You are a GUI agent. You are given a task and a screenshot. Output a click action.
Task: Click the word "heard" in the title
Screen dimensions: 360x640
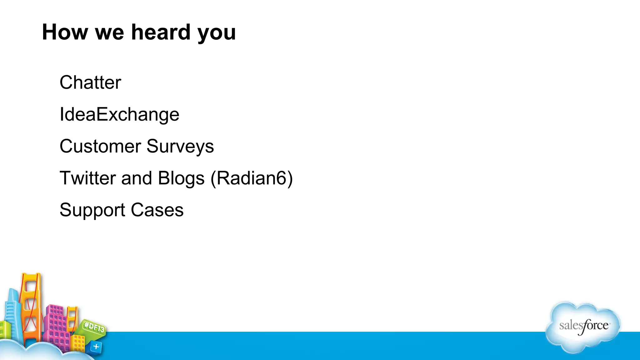tap(161, 32)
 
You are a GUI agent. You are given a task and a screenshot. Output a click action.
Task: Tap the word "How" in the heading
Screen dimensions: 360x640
tap(65, 32)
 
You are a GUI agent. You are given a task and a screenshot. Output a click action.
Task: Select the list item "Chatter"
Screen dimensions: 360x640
tap(90, 82)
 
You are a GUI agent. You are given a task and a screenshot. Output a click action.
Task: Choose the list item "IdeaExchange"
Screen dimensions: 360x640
tap(119, 114)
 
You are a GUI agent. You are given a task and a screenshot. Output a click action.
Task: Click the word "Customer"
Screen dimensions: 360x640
tap(100, 146)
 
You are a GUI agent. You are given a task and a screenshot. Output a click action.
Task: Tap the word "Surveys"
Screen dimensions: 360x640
tap(180, 147)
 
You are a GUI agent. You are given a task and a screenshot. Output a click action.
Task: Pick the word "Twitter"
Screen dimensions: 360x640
tap(88, 178)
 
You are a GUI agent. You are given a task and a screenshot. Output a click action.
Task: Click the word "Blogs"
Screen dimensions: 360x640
tap(181, 178)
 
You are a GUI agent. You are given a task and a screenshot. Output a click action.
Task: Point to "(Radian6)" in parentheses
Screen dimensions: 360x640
tap(252, 178)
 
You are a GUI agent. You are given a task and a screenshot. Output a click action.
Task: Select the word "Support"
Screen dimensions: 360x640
tap(92, 210)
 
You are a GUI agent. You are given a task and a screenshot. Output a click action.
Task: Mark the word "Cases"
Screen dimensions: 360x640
tap(157, 210)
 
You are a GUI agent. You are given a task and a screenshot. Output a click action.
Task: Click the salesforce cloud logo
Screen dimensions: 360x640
tap(583, 327)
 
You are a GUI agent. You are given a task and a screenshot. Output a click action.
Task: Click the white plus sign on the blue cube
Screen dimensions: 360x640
tap(96, 347)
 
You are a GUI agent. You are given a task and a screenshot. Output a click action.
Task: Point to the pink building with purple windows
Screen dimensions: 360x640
tap(56, 325)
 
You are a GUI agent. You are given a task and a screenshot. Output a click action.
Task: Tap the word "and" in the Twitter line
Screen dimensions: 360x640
tap(137, 178)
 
